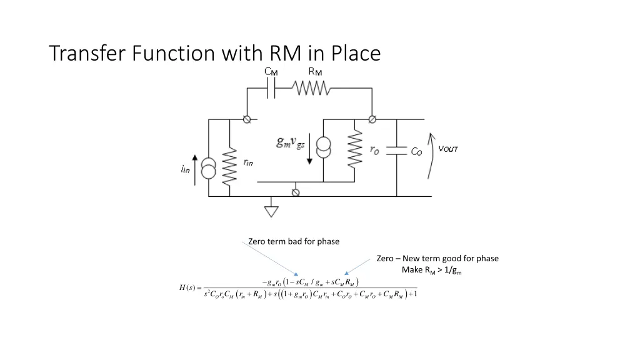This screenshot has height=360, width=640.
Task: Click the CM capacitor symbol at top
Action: tap(271, 89)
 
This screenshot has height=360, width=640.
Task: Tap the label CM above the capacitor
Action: tap(271, 71)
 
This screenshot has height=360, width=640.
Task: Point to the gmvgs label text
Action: tap(291, 142)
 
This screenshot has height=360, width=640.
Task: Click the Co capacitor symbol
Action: tap(396, 151)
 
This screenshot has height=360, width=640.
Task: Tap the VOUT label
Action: tap(448, 149)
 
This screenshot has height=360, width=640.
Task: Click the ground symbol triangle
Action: tap(271, 211)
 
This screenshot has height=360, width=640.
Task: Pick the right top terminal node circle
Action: tap(372, 119)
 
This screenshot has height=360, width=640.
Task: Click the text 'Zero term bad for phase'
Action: tap(294, 241)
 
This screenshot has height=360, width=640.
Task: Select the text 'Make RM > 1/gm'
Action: tap(432, 270)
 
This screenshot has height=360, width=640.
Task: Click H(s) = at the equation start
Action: tap(190, 287)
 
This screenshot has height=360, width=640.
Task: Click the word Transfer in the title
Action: tap(87, 53)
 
